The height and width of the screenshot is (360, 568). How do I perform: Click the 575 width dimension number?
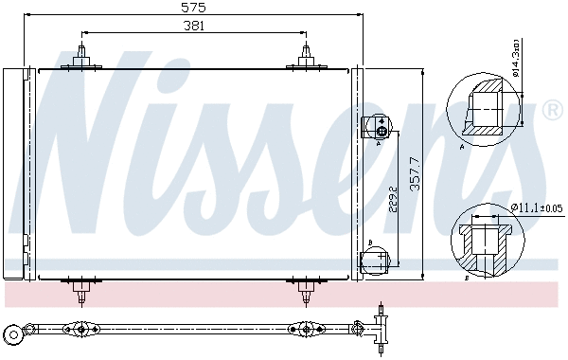193,8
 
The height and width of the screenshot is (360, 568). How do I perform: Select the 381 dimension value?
193,27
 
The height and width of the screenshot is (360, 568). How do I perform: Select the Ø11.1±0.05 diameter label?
537,207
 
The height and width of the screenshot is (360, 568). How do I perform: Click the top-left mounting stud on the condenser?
82,55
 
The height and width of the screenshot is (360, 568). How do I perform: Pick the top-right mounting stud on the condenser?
305,55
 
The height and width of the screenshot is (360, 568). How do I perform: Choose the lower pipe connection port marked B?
376,258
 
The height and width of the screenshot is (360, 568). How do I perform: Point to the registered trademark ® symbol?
552,111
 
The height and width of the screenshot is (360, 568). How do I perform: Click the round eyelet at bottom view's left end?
13,333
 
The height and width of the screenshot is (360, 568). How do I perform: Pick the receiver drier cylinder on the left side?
14,171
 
